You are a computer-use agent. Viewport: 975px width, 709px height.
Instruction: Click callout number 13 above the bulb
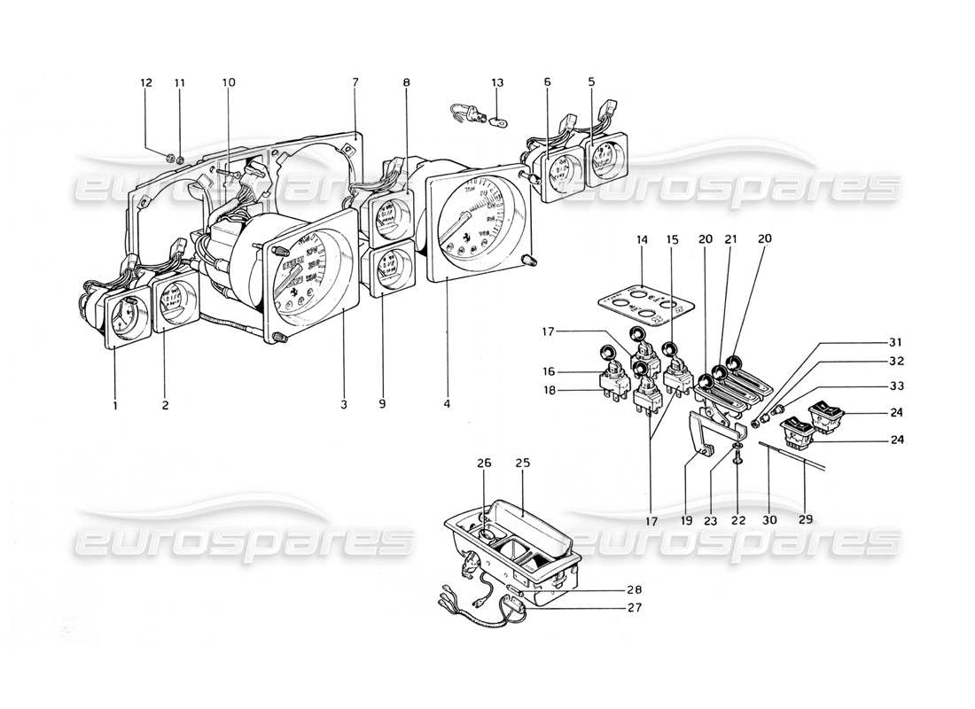497,82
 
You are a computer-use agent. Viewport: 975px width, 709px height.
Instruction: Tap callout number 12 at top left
146,82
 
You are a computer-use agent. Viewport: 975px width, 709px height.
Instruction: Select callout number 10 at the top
230,82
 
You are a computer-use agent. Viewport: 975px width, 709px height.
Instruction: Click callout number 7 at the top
355,82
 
